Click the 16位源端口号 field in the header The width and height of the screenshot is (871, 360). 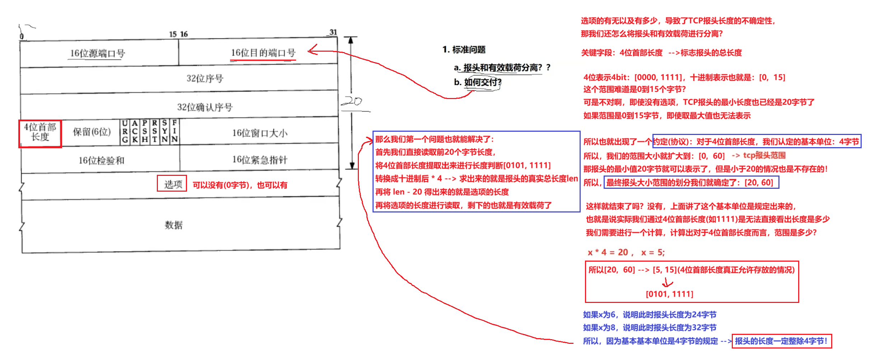tap(97, 53)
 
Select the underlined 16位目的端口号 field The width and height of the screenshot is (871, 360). tap(263, 53)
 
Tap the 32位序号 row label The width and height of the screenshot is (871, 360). tap(205, 78)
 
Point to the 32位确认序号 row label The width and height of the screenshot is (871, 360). tap(205, 107)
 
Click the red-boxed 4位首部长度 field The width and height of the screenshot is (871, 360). tap(40, 134)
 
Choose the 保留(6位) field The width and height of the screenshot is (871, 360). tap(92, 132)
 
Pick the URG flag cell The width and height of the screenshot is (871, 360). tap(125, 131)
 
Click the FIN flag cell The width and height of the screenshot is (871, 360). tap(174, 131)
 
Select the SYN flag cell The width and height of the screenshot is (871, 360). tap(164, 131)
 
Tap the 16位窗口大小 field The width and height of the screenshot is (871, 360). tap(259, 133)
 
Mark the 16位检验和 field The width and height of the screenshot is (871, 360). tap(101, 160)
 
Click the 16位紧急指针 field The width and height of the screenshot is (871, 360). tap(259, 160)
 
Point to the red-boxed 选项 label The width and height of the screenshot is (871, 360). tap(172, 183)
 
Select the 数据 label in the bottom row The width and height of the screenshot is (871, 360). tap(174, 225)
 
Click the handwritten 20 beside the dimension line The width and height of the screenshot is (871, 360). tap(352, 102)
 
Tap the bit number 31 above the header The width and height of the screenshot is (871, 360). tap(333, 32)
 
